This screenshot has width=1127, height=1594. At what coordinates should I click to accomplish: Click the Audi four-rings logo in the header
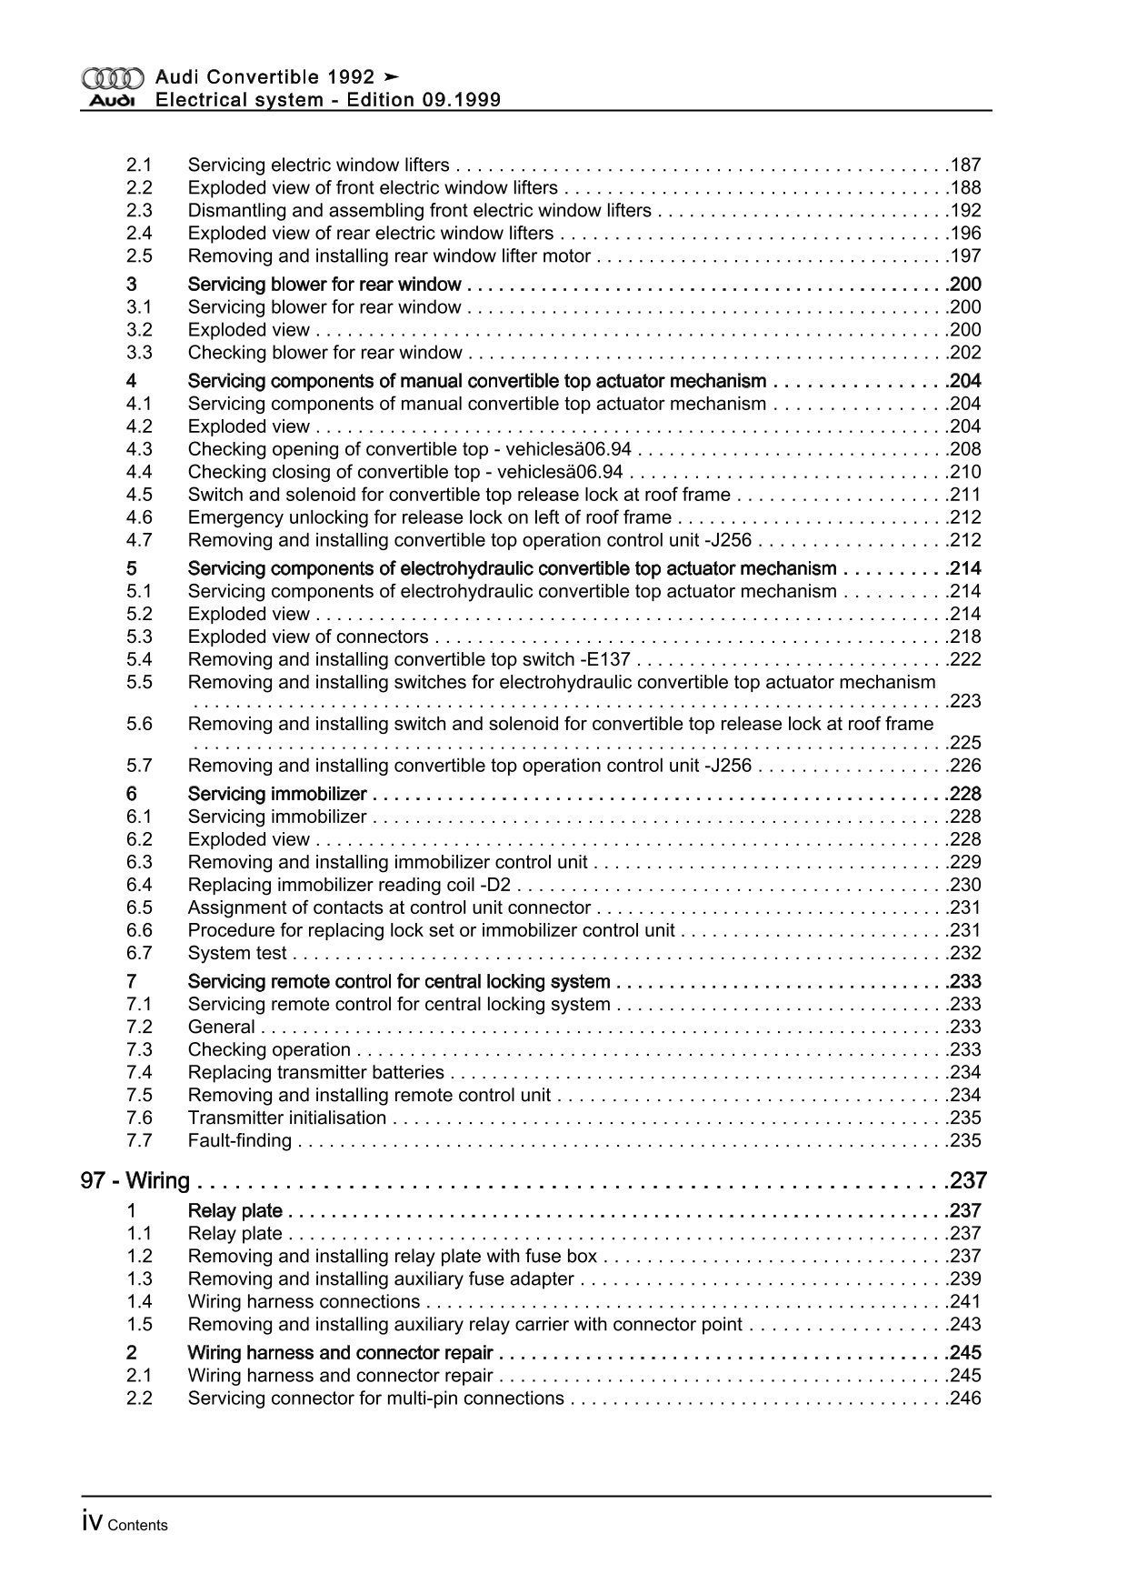(x=112, y=78)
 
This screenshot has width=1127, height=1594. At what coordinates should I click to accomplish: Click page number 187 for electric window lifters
(x=965, y=165)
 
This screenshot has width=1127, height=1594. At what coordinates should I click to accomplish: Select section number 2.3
(x=139, y=211)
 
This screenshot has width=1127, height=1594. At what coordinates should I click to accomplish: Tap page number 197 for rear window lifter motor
(x=965, y=256)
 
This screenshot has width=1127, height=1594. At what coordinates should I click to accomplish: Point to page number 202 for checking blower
(x=965, y=353)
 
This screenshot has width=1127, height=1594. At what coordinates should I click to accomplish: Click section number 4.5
(x=139, y=495)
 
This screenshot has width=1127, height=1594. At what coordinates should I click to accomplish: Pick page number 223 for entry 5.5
(x=965, y=701)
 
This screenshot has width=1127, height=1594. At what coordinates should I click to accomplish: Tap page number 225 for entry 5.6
(x=965, y=743)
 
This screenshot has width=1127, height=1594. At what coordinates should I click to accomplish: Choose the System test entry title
(x=237, y=953)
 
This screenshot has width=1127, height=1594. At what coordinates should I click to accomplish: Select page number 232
(x=965, y=953)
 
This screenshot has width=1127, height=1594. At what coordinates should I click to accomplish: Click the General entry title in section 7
(x=221, y=1027)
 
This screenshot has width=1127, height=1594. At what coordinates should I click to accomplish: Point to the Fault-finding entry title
(x=240, y=1140)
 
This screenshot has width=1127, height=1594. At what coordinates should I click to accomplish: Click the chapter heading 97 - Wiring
(x=135, y=1181)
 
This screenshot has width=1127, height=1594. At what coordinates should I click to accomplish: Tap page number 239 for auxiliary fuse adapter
(x=965, y=1278)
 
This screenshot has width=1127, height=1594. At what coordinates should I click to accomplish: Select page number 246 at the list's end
(x=965, y=1398)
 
